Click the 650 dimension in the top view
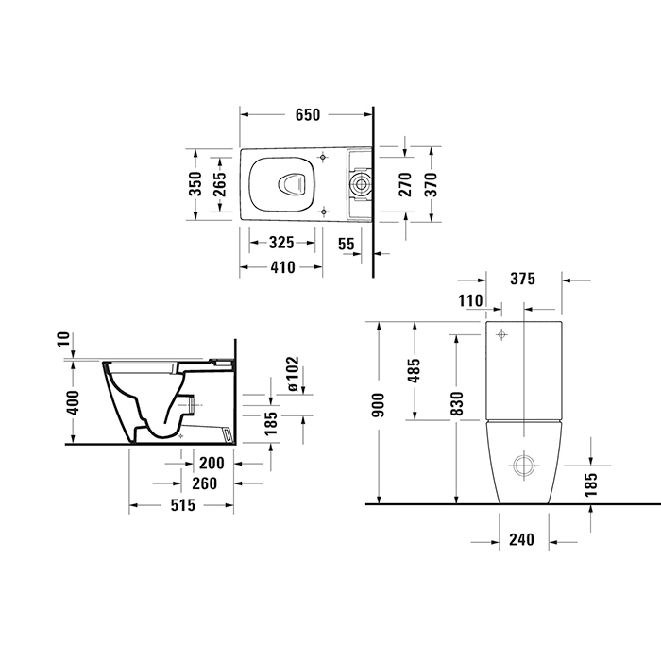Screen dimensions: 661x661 308,114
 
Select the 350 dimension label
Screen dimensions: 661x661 195,184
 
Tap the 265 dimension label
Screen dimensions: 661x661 219,184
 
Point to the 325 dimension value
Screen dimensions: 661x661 281,243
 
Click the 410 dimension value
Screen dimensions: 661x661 282,267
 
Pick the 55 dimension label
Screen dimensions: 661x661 347,244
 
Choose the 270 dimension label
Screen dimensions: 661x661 405,184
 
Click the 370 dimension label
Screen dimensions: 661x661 431,184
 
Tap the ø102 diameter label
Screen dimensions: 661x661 292,374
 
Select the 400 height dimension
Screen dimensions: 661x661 73,403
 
